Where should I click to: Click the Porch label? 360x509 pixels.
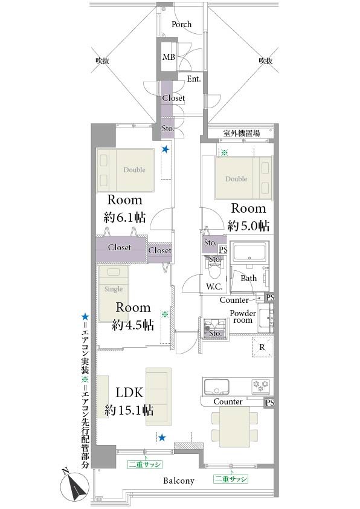[181, 24]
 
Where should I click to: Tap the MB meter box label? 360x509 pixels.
[169, 57]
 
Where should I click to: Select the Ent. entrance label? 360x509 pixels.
[194, 79]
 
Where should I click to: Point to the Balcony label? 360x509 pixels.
[179, 481]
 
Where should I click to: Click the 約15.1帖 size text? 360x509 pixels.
[129, 410]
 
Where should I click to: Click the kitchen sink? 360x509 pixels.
[216, 386]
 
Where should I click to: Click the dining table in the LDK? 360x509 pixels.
[234, 427]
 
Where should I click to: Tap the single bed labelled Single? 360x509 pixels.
[114, 294]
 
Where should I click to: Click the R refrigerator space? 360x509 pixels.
[262, 347]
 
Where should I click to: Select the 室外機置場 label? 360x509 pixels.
[241, 133]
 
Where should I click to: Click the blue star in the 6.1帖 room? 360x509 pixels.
[166, 149]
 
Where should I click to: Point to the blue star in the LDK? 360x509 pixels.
[162, 438]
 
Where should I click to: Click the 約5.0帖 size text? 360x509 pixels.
[248, 225]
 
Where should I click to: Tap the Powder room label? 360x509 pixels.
[243, 317]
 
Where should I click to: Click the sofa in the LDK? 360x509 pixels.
[159, 397]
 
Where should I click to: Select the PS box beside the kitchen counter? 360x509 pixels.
[269, 403]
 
